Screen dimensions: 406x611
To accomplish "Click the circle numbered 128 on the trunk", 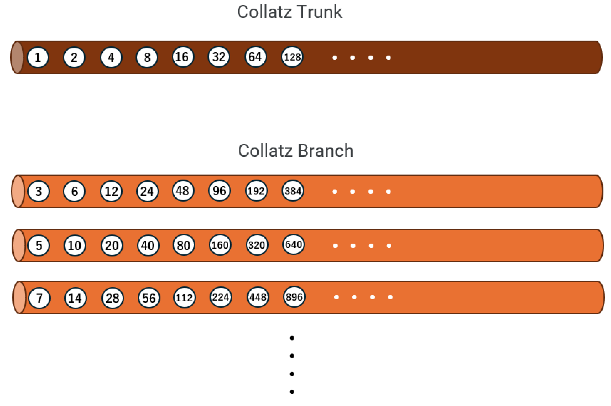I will tap(292, 57).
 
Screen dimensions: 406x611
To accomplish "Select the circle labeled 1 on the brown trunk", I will tap(38, 57).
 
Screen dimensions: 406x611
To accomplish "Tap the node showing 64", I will tap(255, 57).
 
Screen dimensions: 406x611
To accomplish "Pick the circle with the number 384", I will tap(293, 191).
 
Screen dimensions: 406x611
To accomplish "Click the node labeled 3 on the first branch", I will tap(39, 191).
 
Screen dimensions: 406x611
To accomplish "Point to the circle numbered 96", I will tap(219, 191).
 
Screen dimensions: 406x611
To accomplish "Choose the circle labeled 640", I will tap(293, 244).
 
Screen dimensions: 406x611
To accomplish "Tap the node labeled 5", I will tap(39, 245).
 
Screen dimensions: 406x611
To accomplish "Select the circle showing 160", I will tap(220, 245).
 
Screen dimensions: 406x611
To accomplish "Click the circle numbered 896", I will tap(294, 297).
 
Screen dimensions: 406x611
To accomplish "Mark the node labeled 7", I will tap(39, 298).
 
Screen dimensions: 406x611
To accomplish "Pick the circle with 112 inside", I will tap(184, 298).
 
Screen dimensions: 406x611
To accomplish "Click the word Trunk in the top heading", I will tap(320, 12).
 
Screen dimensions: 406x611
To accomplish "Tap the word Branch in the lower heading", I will tap(325, 151).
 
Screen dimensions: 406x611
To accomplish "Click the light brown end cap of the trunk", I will tap(17, 57).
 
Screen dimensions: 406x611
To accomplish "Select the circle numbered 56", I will tap(149, 298).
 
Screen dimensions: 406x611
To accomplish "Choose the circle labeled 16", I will tap(183, 57).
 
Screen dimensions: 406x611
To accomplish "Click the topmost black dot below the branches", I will tap(292, 338).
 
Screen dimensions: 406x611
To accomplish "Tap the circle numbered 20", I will tap(112, 245).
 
